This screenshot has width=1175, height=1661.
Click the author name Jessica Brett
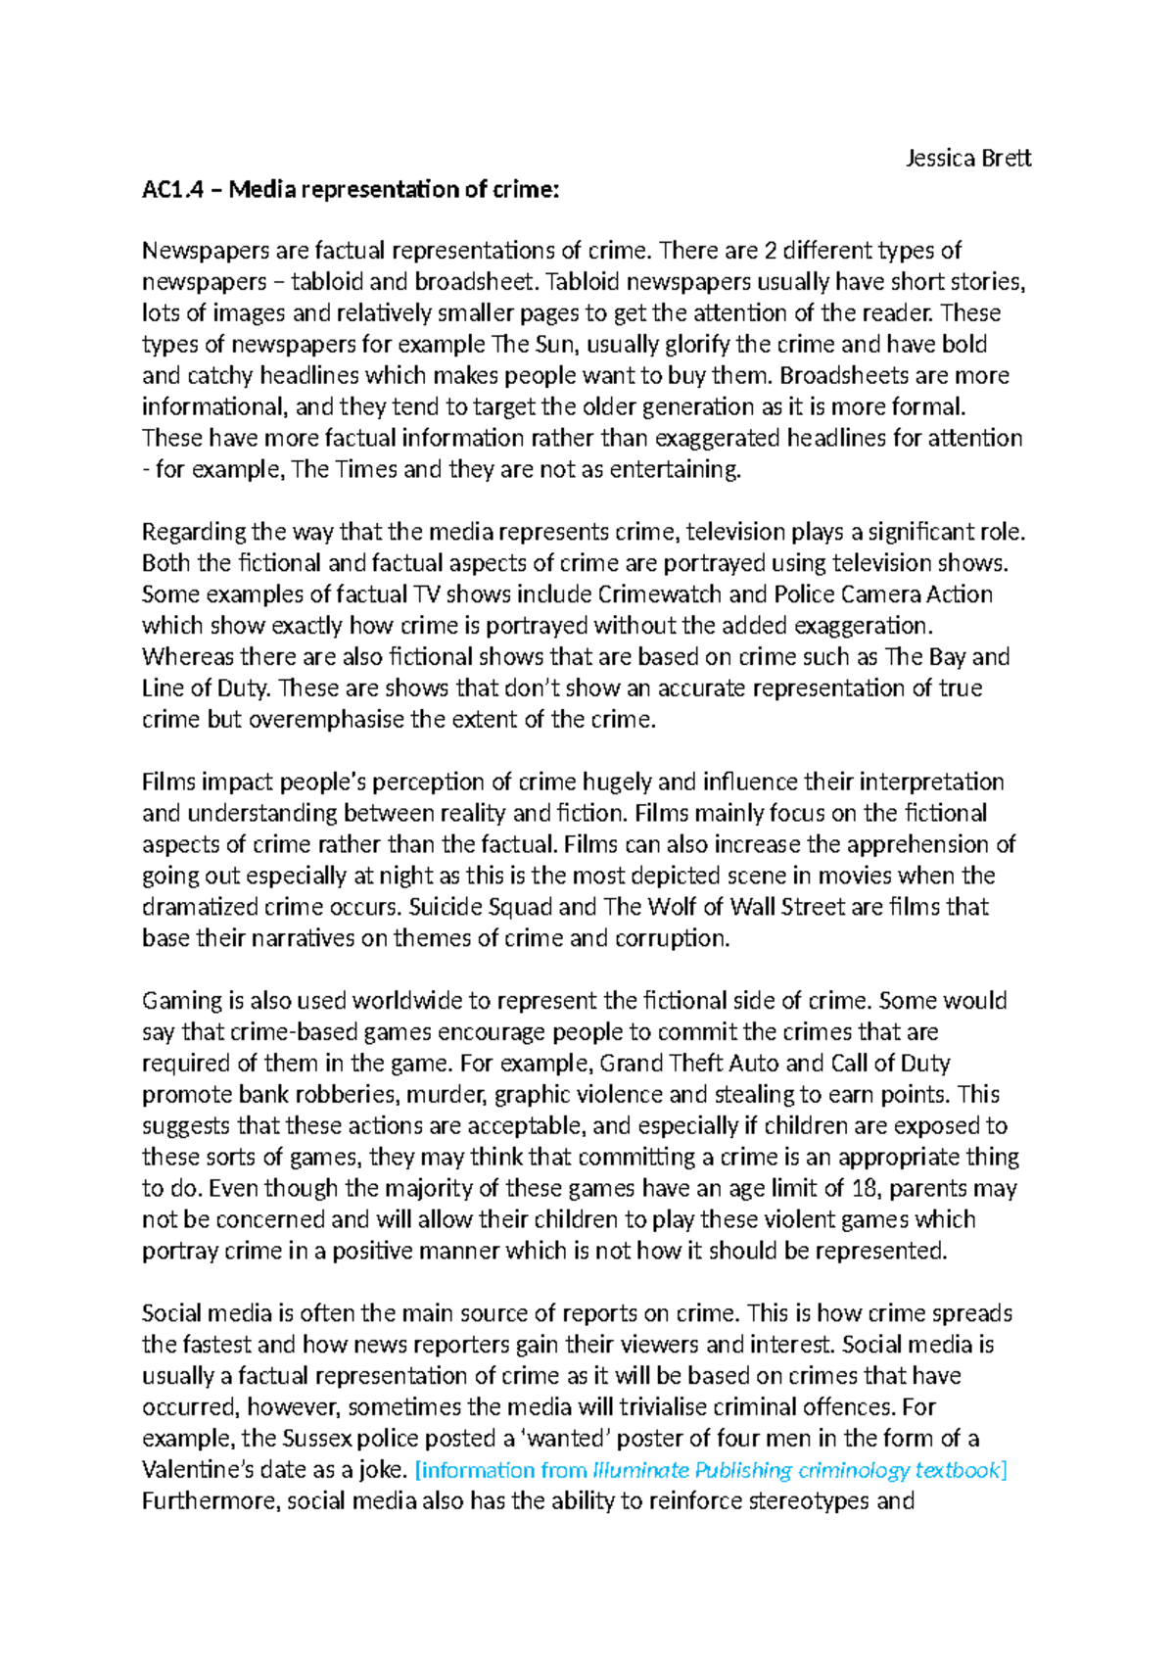pos(967,158)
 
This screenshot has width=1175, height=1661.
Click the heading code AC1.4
pos(172,189)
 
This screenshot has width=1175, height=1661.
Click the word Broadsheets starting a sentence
pos(844,376)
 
